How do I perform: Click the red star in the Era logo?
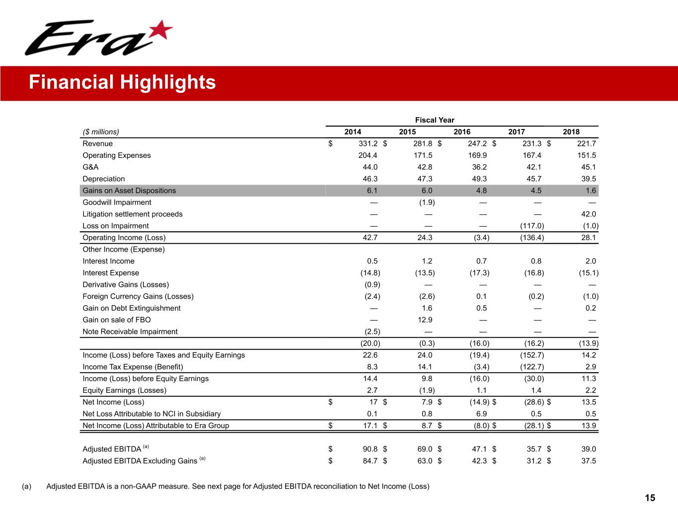(160, 31)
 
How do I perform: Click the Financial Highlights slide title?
(122, 82)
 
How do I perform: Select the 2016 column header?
(462, 131)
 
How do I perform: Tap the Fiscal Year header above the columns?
(435, 120)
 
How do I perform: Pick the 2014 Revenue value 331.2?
(368, 143)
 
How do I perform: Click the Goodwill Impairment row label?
(117, 202)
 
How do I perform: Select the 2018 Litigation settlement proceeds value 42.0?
(588, 214)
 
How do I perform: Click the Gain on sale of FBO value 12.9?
(425, 320)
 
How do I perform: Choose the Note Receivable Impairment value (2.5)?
(370, 331)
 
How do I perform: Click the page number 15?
(650, 498)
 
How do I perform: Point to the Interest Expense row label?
(111, 273)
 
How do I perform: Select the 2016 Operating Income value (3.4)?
(479, 238)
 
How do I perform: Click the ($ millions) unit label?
(101, 131)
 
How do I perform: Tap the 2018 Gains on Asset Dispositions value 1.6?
(591, 190)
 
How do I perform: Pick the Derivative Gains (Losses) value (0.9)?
(372, 285)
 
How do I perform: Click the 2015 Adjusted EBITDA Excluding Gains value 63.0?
(425, 461)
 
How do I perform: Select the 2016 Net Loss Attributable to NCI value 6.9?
(481, 414)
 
